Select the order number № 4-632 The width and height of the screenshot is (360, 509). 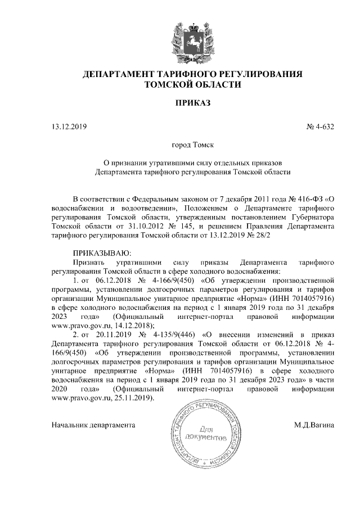pos(321,127)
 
